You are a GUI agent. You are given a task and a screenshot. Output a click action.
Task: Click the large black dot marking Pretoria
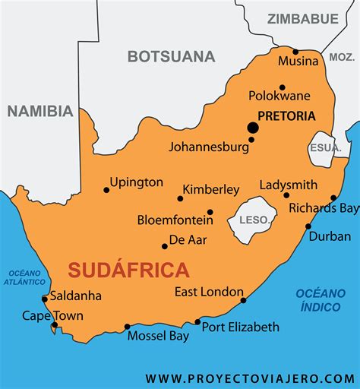[252, 128]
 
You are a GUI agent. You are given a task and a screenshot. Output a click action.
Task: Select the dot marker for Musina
[296, 52]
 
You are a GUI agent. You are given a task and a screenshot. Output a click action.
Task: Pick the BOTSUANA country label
[171, 56]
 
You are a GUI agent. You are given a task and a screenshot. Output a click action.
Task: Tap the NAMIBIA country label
[40, 112]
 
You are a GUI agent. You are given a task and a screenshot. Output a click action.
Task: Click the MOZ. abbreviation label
[342, 58]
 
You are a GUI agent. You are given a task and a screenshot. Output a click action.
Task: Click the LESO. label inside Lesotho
[254, 220]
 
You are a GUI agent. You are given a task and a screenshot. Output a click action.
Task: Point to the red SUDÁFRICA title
[128, 269]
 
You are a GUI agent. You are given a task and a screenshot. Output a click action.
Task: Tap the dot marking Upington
[106, 190]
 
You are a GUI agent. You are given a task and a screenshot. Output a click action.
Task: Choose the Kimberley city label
[210, 189]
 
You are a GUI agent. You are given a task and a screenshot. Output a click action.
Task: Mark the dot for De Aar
[165, 245]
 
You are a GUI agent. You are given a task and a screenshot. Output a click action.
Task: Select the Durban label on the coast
[330, 236]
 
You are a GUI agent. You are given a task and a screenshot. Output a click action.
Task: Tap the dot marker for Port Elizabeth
[197, 322]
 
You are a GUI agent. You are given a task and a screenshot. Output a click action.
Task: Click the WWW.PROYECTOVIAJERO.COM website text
[250, 378]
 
